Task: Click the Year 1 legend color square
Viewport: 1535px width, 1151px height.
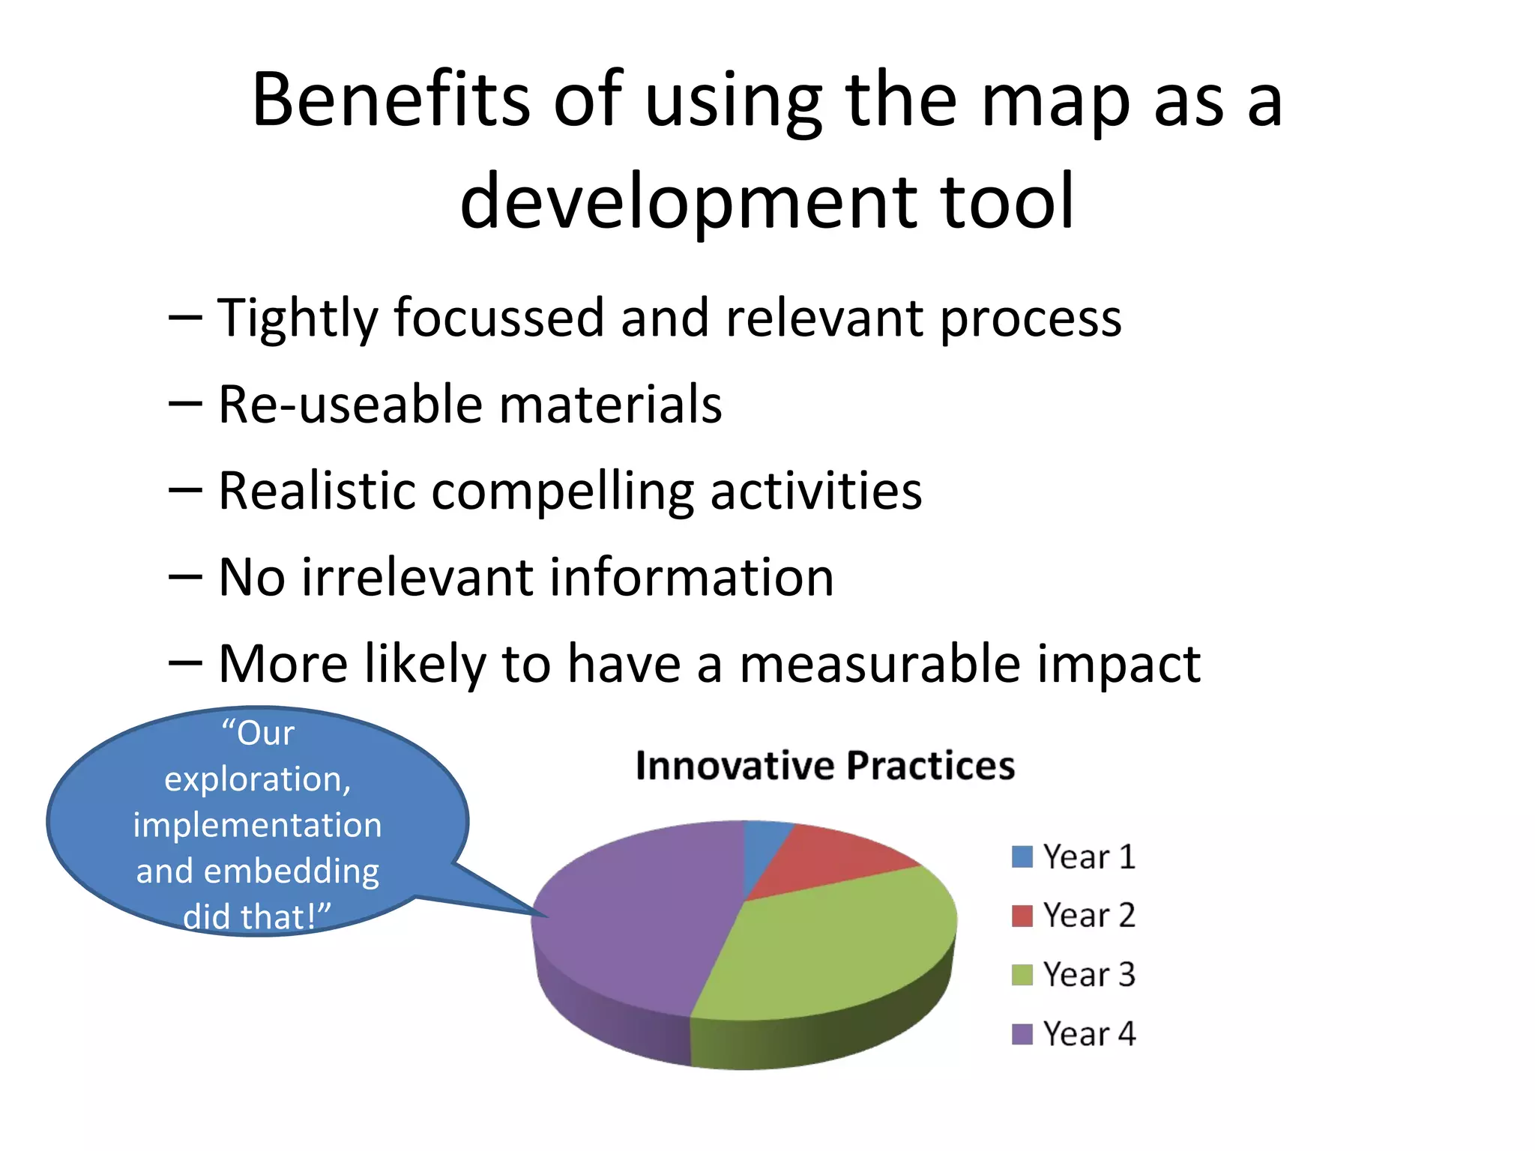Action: [x=1022, y=857]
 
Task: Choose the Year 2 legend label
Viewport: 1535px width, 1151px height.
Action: [x=1089, y=916]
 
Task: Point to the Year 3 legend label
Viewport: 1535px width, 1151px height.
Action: [x=1089, y=975]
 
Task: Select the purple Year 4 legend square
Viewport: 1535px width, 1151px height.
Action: [x=1022, y=1034]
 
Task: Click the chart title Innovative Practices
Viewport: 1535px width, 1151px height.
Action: [x=824, y=766]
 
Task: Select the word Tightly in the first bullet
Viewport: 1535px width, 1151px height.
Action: [x=298, y=318]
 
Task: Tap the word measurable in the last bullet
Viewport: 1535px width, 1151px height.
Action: [x=880, y=664]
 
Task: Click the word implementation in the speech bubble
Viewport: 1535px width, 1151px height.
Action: [x=257, y=825]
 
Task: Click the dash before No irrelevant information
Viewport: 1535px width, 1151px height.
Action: [x=185, y=578]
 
